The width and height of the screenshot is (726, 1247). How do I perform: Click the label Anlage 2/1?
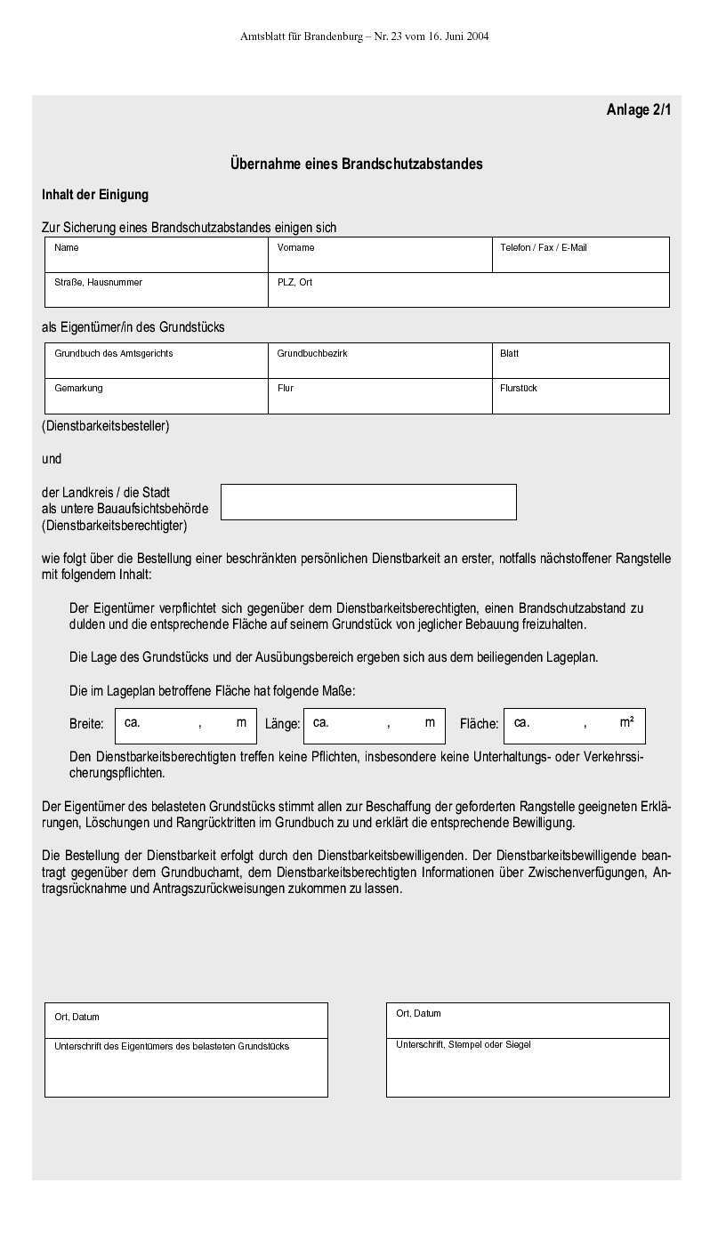pos(639,110)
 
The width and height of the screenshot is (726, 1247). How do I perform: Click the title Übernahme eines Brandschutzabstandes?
pos(356,164)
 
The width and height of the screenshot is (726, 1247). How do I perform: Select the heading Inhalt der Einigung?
pos(95,195)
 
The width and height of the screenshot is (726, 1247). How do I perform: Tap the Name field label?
pos(67,248)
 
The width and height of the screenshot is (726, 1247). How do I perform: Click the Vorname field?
pos(380,255)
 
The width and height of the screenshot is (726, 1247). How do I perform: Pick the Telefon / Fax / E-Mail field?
pos(580,255)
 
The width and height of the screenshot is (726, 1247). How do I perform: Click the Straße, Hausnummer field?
pos(157,290)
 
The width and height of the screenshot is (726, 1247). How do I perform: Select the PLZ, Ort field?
pos(468,290)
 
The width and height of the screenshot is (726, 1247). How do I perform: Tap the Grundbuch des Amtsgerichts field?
pos(157,361)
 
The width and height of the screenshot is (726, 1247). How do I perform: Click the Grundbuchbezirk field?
pos(380,361)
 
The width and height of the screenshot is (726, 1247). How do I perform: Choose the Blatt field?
pos(580,361)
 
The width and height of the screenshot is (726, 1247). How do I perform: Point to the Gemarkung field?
pos(157,396)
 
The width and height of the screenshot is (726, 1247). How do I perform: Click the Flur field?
pos(380,396)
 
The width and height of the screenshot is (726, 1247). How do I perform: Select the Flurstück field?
pos(580,396)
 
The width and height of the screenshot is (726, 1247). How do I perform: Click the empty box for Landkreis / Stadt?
pos(368,502)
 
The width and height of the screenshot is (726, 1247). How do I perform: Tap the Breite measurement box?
pos(185,726)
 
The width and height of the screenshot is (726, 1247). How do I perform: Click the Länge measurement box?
pos(374,726)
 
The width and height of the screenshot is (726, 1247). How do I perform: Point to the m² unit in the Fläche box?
pos(626,722)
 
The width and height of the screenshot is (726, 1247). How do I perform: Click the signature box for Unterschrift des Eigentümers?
pos(186,1068)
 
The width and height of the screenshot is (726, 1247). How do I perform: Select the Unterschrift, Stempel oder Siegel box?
pos(528,1068)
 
